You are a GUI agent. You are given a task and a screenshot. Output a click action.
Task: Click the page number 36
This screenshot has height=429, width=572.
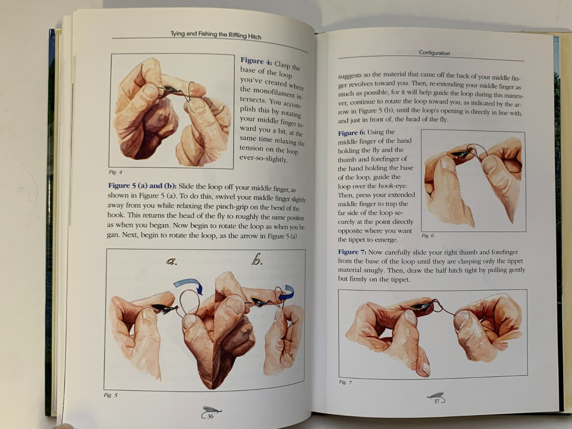[x=210, y=416]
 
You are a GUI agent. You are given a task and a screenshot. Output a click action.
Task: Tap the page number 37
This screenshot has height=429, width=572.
[x=437, y=401]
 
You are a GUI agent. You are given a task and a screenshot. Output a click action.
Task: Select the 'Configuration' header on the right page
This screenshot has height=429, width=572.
[x=434, y=53]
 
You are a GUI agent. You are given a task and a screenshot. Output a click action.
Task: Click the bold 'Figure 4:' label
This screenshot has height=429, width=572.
[x=256, y=61]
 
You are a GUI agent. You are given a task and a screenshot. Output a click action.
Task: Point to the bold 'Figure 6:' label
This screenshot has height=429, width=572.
[x=351, y=133]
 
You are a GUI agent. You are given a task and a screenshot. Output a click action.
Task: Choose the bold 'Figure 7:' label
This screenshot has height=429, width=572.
[x=352, y=252]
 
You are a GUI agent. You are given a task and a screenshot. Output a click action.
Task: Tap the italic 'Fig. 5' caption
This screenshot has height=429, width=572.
[x=110, y=395]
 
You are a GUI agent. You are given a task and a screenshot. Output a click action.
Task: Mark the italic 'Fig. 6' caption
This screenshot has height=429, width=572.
[x=428, y=236]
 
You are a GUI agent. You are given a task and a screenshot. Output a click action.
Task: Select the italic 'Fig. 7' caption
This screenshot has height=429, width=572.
[x=345, y=382]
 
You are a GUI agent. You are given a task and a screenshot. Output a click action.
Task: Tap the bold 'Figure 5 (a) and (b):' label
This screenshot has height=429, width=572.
[x=143, y=186]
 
